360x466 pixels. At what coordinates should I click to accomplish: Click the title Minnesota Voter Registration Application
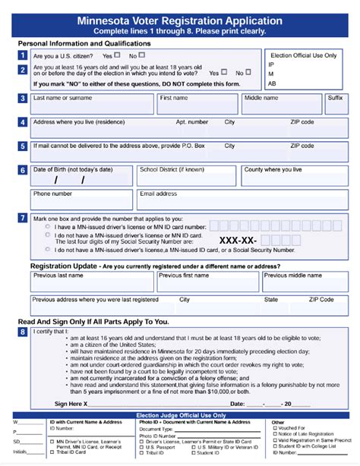click(180, 20)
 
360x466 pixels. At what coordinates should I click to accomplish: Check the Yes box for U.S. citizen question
click(118, 55)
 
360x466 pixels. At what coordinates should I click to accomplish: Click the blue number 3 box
click(24, 98)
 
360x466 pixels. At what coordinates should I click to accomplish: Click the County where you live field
click(293, 176)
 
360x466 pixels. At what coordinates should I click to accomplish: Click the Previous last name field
click(92, 282)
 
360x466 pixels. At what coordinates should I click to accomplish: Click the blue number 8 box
click(24, 332)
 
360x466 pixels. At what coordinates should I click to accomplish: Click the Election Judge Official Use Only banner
click(180, 415)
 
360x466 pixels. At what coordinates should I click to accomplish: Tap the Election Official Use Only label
click(305, 55)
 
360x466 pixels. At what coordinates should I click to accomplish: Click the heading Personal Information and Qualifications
click(84, 43)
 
